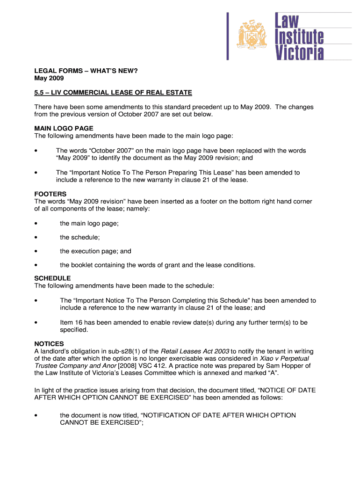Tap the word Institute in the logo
click(299, 36)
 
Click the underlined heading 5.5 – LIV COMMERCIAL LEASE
click(113, 93)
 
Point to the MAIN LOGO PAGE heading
click(64, 128)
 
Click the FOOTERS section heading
click(50, 194)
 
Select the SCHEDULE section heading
click(53, 278)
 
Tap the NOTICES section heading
click(49, 343)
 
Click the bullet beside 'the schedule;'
click(36, 238)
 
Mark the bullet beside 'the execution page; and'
click(36, 251)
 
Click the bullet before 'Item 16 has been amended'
click(36, 323)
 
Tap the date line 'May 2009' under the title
click(49, 78)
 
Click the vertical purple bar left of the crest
click(228, 36)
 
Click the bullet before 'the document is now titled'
click(36, 415)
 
